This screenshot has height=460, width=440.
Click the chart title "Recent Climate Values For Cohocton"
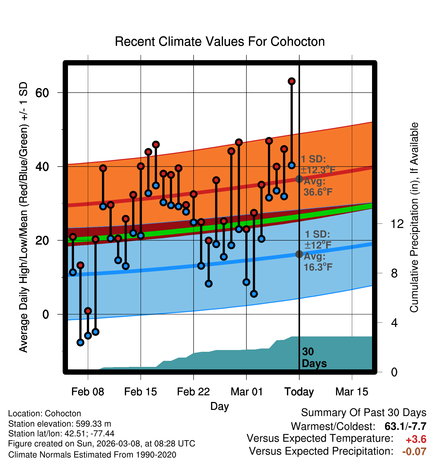pos(220,42)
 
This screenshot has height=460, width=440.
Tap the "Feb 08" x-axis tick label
pos(88,392)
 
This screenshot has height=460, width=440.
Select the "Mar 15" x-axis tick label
pos(352,392)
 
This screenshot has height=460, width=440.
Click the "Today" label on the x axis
pos(299,392)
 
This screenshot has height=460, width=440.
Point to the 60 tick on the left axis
pos(42,93)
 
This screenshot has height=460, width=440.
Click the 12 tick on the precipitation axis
pos(397,224)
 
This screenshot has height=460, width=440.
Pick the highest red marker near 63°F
pos(291,81)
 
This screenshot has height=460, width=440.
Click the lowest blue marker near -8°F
pos(80,342)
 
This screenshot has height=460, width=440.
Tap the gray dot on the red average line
pos(299,179)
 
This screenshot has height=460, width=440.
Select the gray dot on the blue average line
pos(299,254)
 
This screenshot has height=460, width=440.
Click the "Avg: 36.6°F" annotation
pos(318,187)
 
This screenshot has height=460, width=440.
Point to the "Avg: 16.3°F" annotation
pos(318,262)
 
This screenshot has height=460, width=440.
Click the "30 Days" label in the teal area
pos(314,358)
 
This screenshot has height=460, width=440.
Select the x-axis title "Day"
pos(219,406)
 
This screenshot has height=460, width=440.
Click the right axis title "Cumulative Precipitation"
pos(414,218)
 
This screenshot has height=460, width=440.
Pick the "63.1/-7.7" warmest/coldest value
pos(405,427)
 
